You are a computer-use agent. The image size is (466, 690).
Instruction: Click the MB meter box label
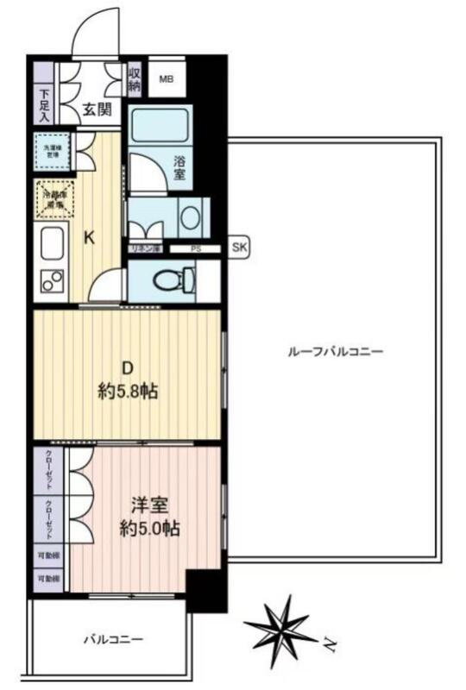tap(166, 80)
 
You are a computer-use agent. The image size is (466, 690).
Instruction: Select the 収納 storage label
tap(135, 79)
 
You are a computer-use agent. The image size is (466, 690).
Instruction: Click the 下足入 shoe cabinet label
tap(44, 103)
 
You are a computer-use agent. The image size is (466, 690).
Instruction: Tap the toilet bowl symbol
tap(171, 280)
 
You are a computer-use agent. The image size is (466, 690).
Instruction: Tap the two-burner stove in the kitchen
tap(52, 281)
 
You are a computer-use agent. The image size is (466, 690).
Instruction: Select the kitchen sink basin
tap(52, 247)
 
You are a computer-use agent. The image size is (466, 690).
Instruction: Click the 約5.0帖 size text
tap(149, 529)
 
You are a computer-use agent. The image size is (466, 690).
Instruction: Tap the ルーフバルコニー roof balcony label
tap(334, 352)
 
